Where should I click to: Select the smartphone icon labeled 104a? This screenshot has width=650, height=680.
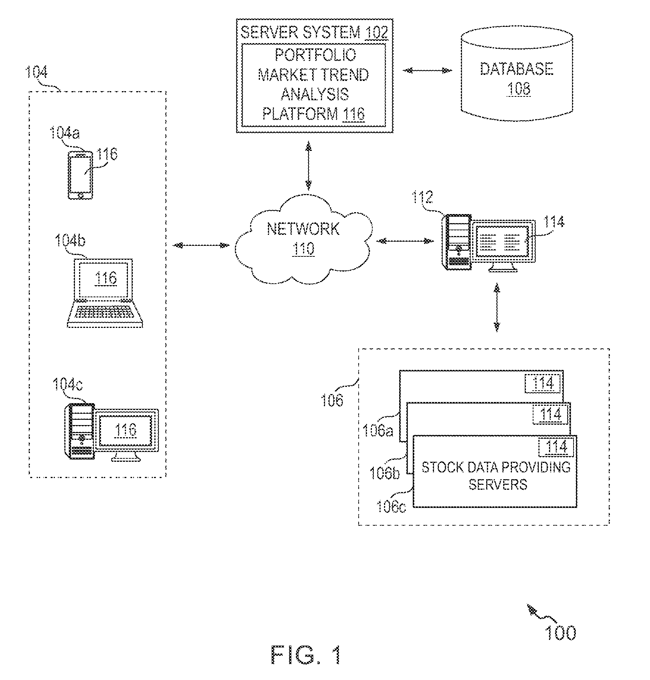(x=80, y=175)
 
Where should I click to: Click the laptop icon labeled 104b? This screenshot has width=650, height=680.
(x=105, y=293)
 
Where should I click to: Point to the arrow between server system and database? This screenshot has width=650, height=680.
(x=428, y=70)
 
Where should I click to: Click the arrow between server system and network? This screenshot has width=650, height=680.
(x=309, y=165)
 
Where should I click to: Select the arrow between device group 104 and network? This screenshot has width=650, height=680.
(x=201, y=245)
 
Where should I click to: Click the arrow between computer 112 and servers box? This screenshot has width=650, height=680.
(x=497, y=308)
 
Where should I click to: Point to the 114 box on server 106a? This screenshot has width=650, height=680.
(x=543, y=384)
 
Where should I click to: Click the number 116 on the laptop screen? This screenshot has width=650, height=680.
(x=106, y=278)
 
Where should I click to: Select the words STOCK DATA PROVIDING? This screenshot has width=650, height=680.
(x=496, y=467)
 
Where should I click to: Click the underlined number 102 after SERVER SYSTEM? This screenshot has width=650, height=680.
(x=376, y=33)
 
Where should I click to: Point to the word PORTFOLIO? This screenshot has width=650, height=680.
(x=315, y=55)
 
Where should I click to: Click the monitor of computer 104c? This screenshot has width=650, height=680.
(x=126, y=435)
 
